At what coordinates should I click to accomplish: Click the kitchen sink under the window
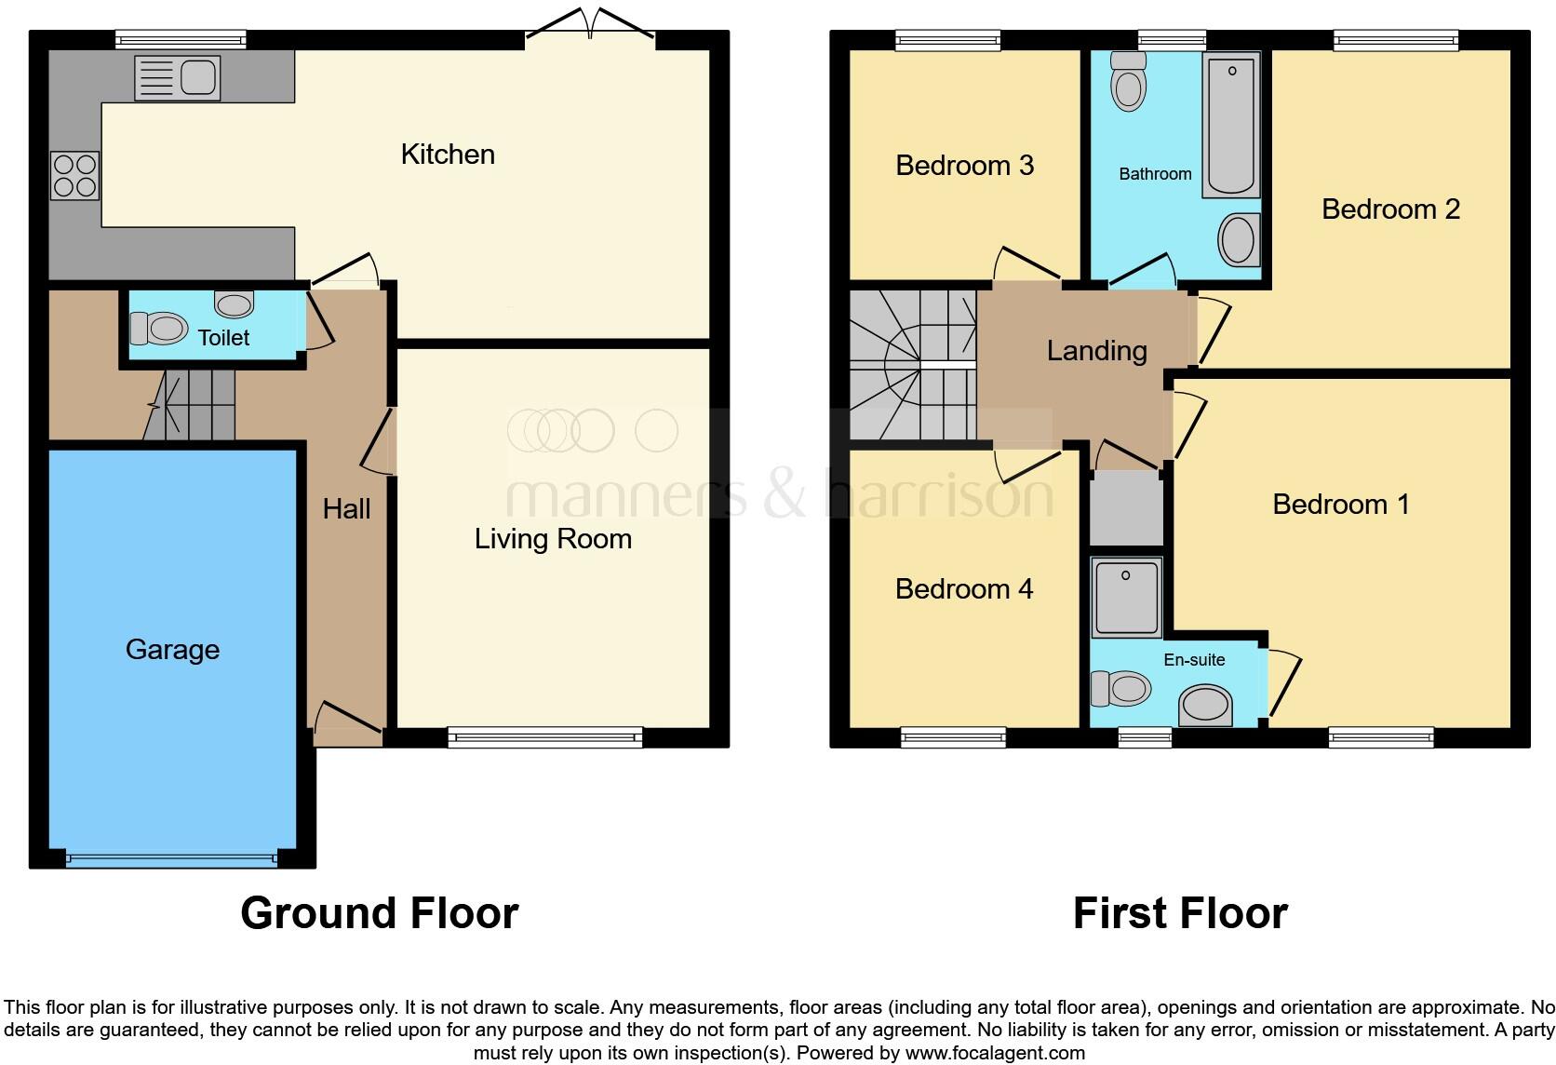178,77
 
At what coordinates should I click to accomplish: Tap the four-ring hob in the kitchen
75,176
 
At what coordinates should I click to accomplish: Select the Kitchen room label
448,155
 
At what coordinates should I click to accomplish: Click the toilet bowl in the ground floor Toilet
157,329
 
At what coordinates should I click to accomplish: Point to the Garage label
173,649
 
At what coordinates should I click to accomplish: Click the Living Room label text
553,539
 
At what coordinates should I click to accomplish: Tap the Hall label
346,508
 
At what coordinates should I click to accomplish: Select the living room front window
545,737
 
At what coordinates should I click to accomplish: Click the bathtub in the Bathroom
1231,125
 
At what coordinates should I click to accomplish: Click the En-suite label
1194,660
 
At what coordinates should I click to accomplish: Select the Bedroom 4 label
964,589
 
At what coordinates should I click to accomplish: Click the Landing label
1096,351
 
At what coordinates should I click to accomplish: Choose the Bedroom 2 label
1390,209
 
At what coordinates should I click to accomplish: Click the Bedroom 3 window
947,39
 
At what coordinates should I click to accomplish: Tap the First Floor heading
1180,913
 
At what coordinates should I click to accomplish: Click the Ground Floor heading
380,913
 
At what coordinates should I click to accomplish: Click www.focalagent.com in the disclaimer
995,1053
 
